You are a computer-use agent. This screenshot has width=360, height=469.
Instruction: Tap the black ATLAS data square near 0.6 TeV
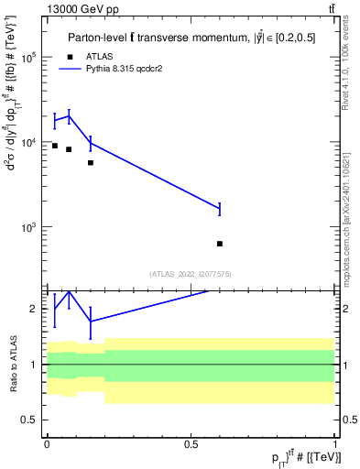[x=220, y=244]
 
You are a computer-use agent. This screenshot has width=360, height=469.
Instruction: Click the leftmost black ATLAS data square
[x=55, y=146]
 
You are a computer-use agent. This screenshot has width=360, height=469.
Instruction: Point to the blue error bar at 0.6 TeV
[x=220, y=209]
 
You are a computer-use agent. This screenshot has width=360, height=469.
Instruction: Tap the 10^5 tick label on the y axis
[x=27, y=57]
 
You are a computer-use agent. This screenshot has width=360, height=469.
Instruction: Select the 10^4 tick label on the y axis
[x=27, y=142]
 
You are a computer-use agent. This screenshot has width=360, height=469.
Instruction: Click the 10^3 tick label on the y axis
[x=27, y=226]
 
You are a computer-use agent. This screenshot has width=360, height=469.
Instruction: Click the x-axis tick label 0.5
[x=191, y=442]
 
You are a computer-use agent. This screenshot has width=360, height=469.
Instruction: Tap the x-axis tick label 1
[x=335, y=442]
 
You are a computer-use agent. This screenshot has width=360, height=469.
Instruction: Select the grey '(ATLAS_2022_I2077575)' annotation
[x=191, y=274]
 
